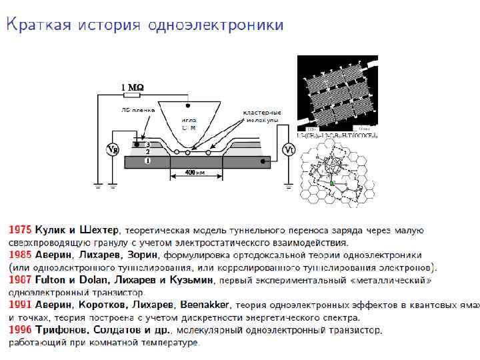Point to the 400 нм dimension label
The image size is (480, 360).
[192, 173]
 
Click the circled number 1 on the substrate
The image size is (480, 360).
[147, 161]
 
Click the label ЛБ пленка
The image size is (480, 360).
[138, 109]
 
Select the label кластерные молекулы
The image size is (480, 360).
[262, 115]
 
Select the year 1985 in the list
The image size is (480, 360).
[19, 255]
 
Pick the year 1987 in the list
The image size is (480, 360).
[19, 280]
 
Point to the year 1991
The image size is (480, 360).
[19, 305]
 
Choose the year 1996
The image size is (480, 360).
[19, 330]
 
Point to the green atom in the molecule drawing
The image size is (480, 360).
[331, 183]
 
